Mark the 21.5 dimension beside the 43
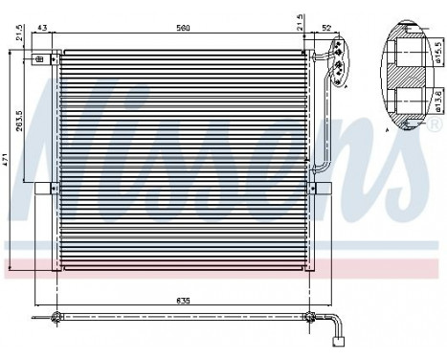pos(19,35)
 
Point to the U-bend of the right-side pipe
pos(322,171)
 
